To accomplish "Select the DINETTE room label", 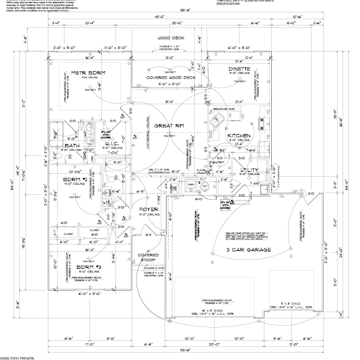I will point(239,69).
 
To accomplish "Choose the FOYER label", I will point(149,210).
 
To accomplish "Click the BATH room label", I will point(71,146).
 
